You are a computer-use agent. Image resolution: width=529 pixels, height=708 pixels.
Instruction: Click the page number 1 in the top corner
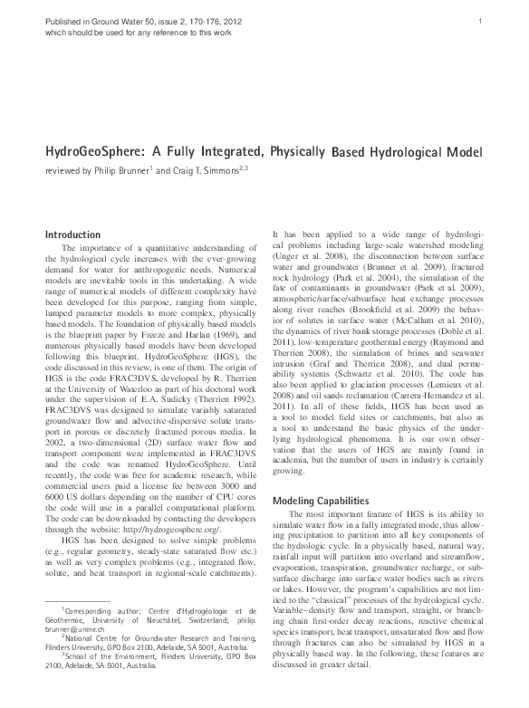coord(490,21)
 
